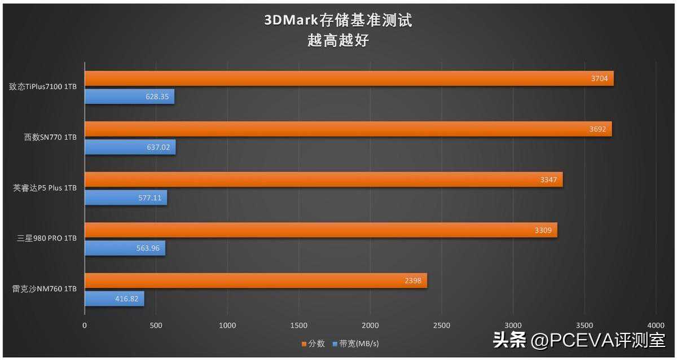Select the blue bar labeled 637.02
(x=130, y=147)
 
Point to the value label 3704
(x=599, y=78)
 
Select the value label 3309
(x=543, y=230)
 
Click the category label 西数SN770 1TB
(x=47, y=137)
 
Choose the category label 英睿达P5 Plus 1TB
(x=45, y=188)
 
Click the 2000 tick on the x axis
(x=370, y=325)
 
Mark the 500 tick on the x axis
(x=156, y=325)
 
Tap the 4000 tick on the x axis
(x=656, y=325)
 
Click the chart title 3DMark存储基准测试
(x=338, y=21)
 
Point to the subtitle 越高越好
(x=338, y=41)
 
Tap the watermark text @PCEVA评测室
(x=598, y=340)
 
